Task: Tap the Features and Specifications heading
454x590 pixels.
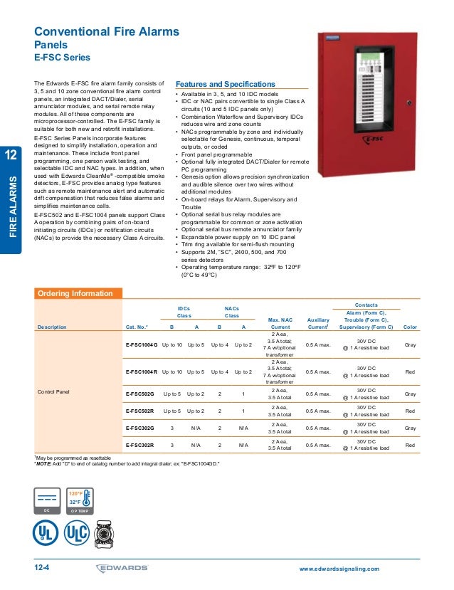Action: click(225, 83)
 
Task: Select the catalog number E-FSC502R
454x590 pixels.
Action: click(140, 411)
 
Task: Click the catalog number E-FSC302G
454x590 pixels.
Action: click(140, 428)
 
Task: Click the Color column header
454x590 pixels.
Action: click(410, 327)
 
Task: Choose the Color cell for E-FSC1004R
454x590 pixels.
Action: click(410, 371)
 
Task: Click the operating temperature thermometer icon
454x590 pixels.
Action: click(80, 502)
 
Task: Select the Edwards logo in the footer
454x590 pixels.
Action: click(122, 568)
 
